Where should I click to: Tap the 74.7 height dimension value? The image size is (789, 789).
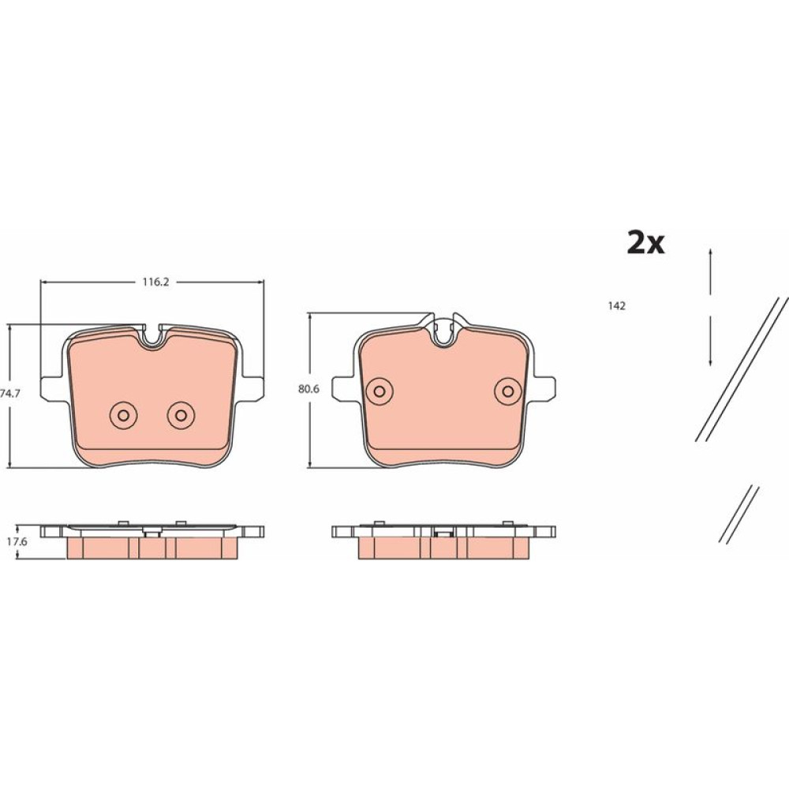pos(10,394)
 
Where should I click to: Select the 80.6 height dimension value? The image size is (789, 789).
pos(309,389)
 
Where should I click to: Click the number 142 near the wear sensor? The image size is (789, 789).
pos(616,306)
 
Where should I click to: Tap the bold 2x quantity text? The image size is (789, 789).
pos(645,243)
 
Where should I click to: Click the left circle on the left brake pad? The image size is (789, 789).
pos(123,415)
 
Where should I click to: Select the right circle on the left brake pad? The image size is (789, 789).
pos(181,415)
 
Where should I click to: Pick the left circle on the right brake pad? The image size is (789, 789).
pos(380,391)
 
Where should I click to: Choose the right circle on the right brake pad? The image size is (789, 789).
pos(508,391)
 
